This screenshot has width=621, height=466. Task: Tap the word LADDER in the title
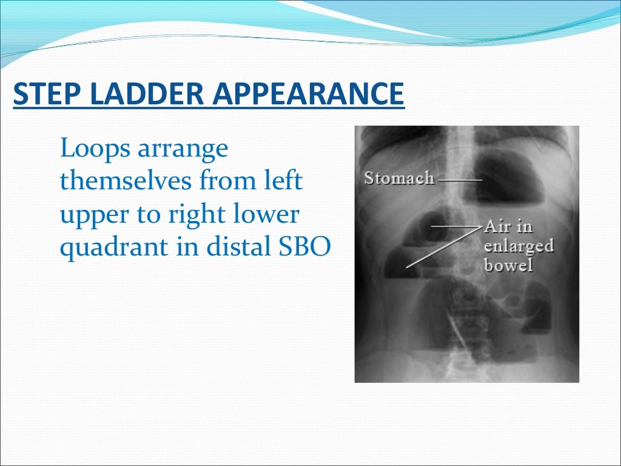[141, 95]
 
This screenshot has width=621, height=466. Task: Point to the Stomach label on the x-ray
[398, 178]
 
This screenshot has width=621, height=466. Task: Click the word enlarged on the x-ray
[519, 246]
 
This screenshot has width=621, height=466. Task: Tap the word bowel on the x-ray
[508, 266]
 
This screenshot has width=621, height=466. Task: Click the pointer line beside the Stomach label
[460, 180]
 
